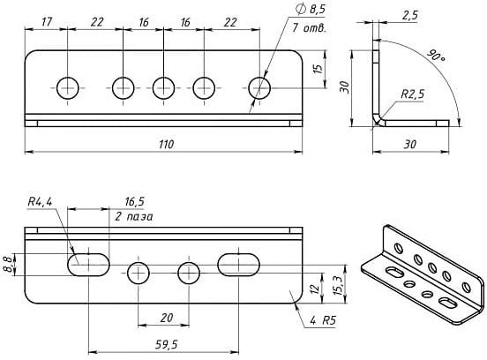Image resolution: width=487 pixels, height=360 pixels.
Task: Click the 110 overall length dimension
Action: tap(167, 145)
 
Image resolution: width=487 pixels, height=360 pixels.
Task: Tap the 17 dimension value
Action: tap(47, 22)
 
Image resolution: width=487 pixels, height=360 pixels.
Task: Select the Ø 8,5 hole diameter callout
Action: tap(311, 10)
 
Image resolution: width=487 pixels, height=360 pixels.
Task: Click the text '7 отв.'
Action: tap(309, 28)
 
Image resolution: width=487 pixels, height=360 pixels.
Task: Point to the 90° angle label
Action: tap(436, 56)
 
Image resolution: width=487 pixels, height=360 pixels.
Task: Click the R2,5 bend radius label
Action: tap(413, 94)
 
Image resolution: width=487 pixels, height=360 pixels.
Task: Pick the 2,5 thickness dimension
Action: tap(410, 15)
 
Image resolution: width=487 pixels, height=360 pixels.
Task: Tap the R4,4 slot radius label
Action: tap(40, 202)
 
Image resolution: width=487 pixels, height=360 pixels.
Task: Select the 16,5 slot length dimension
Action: tap(134, 202)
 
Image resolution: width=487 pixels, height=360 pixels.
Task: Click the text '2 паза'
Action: tap(134, 216)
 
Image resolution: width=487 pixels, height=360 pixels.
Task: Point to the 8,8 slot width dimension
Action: tap(9, 265)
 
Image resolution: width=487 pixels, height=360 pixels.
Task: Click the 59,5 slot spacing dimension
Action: tap(167, 344)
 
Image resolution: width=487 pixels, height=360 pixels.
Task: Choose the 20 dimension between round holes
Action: tap(167, 318)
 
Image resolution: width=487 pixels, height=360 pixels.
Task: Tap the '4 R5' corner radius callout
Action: tap(323, 320)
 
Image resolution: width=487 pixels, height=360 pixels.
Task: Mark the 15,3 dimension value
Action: tap(339, 285)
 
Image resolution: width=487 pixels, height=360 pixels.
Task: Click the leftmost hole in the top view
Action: tap(68, 88)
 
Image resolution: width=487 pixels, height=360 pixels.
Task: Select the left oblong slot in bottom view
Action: tap(88, 265)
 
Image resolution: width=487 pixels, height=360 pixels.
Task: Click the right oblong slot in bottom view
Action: tap(238, 265)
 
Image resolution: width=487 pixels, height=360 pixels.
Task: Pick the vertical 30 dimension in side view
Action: tap(344, 87)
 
